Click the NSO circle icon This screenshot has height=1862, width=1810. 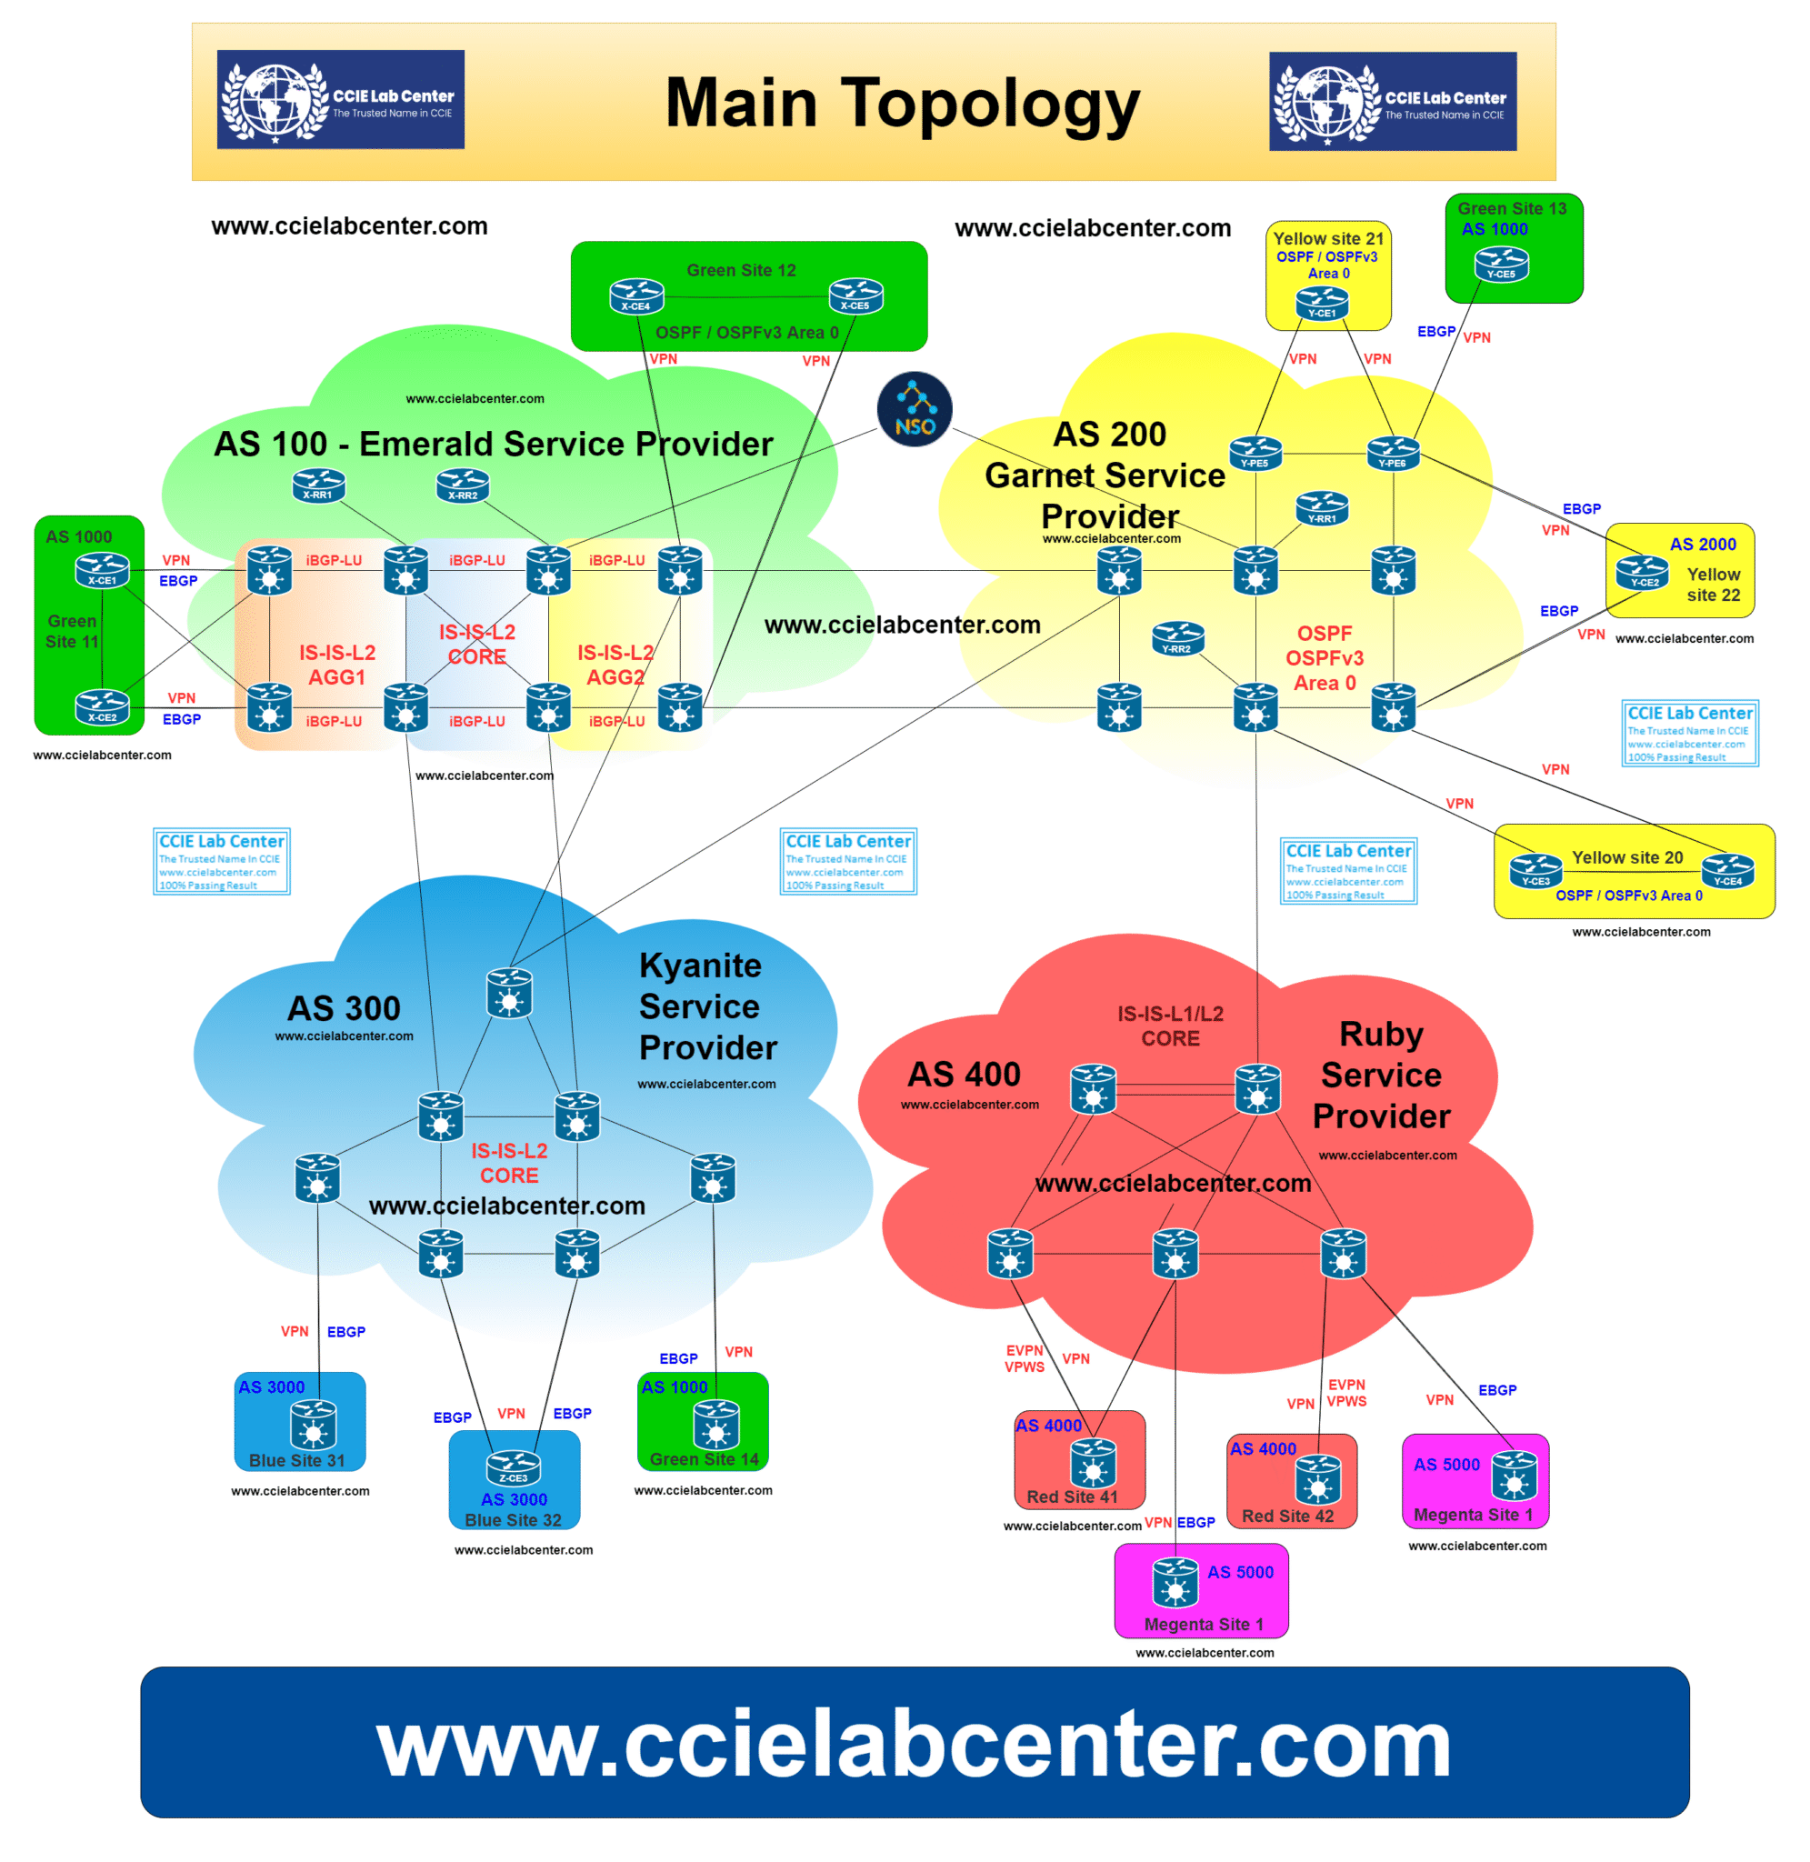tap(914, 410)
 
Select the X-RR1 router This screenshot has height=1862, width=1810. tap(318, 485)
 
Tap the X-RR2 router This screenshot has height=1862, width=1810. tap(462, 486)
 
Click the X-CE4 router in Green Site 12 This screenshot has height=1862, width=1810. tap(636, 295)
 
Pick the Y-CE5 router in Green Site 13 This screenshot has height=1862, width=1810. tap(1501, 264)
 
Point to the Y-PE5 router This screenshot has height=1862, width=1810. tap(1255, 453)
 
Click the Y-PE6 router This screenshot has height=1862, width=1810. tap(1393, 453)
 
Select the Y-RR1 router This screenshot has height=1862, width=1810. tap(1322, 507)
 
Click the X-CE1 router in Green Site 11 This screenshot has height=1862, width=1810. tap(103, 569)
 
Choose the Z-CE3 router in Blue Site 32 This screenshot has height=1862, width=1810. tap(514, 1467)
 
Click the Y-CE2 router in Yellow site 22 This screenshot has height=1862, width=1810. tap(1642, 572)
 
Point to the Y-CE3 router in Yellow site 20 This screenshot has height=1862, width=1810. tap(1535, 870)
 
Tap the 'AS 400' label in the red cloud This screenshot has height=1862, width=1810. tap(963, 1074)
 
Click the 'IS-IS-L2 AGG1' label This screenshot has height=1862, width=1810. tap(336, 665)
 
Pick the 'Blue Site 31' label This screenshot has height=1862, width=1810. tap(296, 1460)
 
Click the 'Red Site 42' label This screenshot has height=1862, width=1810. tap(1287, 1516)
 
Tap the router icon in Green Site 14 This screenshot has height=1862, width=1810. tap(715, 1424)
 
